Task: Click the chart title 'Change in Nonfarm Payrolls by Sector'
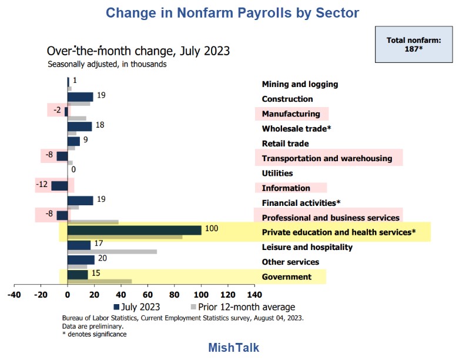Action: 232,12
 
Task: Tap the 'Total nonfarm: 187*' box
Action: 413,44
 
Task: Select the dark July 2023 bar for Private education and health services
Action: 135,229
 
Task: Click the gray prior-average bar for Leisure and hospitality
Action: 112,252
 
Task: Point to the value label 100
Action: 212,228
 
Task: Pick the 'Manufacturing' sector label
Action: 291,114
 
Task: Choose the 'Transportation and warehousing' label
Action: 327,158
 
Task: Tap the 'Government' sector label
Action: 286,277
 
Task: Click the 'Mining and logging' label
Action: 300,84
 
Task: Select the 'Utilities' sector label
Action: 277,174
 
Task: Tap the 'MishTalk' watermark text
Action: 233,348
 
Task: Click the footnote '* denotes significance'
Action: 94,334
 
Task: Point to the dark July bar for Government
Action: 78,274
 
